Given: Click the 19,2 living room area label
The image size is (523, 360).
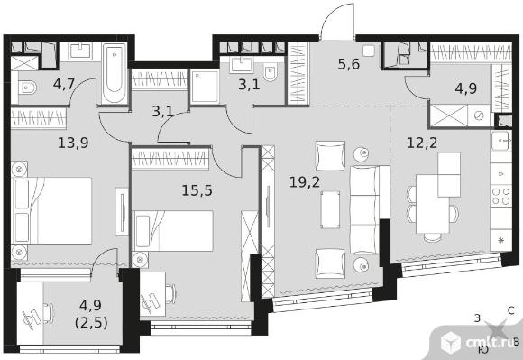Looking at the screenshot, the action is pos(305,182).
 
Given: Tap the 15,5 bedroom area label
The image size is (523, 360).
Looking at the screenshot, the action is pos(197,190).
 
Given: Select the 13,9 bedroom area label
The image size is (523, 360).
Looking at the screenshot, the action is pos(73,143).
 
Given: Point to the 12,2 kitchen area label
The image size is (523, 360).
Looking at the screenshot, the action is pos(422,143).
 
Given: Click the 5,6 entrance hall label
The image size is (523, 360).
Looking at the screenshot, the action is pos(349,64).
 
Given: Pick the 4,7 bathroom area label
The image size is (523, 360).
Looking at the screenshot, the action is pos(64,85).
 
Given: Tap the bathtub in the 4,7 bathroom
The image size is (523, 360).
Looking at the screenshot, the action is pos(115,73).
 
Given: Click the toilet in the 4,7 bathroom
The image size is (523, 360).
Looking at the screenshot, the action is pos(27,88).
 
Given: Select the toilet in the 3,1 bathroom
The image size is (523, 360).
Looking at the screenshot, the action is pos(270,73).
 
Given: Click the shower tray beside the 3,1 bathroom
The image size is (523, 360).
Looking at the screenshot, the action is pos(205,87).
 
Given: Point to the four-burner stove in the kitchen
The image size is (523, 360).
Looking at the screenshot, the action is pos(501,196).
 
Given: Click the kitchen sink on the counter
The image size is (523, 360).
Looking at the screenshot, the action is pos(501,141).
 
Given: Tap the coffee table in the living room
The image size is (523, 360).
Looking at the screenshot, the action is pos(330,209).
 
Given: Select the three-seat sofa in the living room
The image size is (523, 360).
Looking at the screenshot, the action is pos(365,209).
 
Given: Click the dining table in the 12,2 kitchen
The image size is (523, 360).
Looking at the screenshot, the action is pos(433,204).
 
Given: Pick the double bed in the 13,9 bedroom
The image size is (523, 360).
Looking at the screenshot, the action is pos(51,210).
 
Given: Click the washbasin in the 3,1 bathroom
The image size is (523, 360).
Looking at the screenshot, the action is pos(242,64).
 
